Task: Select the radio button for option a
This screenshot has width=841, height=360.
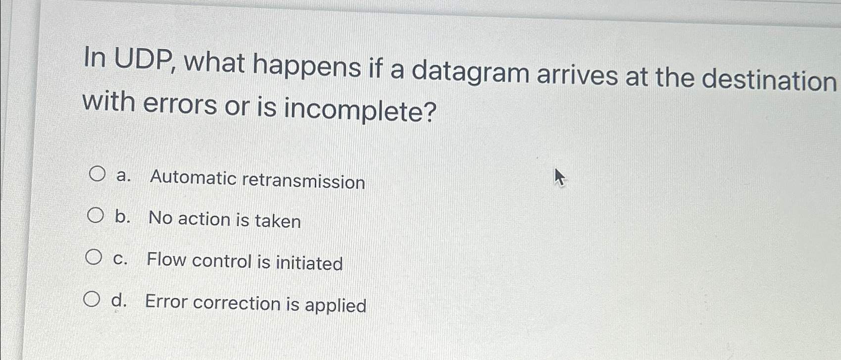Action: (97, 174)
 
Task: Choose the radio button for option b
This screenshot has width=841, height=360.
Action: (96, 216)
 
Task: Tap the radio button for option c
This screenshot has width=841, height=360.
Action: (94, 257)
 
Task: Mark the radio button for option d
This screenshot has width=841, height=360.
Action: (92, 299)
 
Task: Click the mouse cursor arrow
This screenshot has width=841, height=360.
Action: (559, 177)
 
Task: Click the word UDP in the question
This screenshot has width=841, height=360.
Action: (143, 60)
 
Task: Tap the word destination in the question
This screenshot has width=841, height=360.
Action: (769, 80)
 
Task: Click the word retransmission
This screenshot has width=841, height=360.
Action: (304, 181)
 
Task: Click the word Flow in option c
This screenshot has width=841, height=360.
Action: (166, 259)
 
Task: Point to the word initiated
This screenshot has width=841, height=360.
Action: (309, 263)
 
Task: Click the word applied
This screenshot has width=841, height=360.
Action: (336, 306)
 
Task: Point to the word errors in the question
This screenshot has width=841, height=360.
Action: (180, 103)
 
